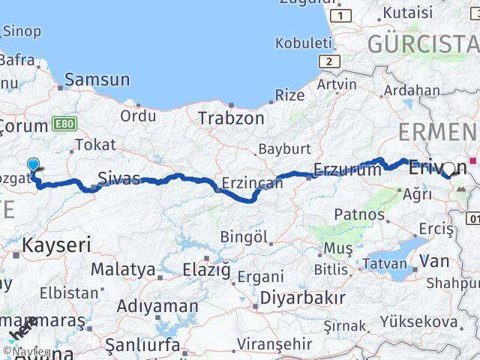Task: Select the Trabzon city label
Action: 231,118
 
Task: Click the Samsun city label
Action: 97,79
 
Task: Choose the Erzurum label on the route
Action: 347,170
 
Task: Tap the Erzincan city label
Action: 251,182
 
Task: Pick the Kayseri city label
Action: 56,244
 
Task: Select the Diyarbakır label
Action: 302,297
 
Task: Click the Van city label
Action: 434,260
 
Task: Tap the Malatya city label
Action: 123,268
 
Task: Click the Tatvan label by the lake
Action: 385,263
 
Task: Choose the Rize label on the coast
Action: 289,94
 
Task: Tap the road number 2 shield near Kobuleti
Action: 328,61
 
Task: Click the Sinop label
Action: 22,31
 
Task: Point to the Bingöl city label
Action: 244,237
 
